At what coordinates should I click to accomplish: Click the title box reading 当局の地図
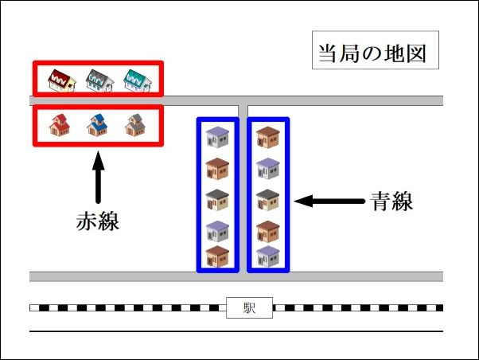pyautogui.click(x=374, y=54)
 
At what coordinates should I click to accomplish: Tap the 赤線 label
pyautogui.click(x=98, y=221)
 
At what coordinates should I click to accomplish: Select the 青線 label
pyautogui.click(x=391, y=202)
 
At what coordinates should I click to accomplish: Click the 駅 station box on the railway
pyautogui.click(x=249, y=307)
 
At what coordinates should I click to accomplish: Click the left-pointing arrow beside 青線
pyautogui.click(x=328, y=202)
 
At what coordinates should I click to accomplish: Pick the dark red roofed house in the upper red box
pyautogui.click(x=60, y=80)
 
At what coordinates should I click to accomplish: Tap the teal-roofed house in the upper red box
pyautogui.click(x=138, y=80)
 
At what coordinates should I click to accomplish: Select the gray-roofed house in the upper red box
pyautogui.click(x=99, y=80)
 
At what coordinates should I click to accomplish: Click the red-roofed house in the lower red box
pyautogui.click(x=60, y=125)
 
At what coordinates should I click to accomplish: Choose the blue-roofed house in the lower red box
pyautogui.click(x=98, y=125)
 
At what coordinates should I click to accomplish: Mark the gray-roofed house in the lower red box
pyautogui.click(x=136, y=125)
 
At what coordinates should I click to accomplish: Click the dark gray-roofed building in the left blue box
pyautogui.click(x=217, y=199)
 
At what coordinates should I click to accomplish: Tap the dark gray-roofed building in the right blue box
pyautogui.click(x=267, y=199)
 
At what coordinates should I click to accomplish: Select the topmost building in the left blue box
pyautogui.click(x=217, y=136)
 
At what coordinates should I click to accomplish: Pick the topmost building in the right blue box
pyautogui.click(x=267, y=136)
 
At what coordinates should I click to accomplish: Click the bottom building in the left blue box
pyautogui.click(x=217, y=256)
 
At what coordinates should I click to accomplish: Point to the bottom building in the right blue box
pyautogui.click(x=267, y=256)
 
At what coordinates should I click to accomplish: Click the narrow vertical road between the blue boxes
pyautogui.click(x=243, y=191)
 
